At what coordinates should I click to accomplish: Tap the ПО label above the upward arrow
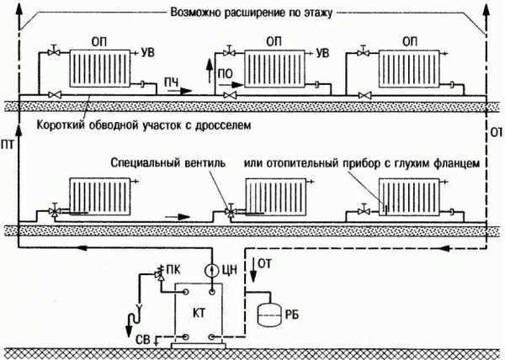[225, 74]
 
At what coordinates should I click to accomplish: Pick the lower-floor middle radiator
[272, 196]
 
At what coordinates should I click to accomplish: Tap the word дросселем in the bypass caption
[224, 124]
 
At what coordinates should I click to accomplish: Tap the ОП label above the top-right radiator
[410, 41]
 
